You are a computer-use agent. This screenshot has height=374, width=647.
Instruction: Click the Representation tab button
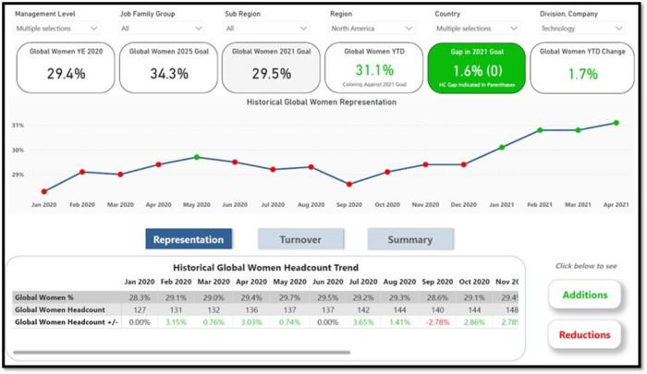coord(189,240)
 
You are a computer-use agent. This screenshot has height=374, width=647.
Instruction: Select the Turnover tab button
coord(300,240)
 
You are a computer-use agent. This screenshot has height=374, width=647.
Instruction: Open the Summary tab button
coord(409,240)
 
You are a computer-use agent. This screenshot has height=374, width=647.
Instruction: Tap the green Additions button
coord(585,296)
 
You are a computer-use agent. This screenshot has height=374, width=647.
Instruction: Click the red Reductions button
coord(585,334)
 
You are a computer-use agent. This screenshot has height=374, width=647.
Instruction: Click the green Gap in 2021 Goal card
coord(476,67)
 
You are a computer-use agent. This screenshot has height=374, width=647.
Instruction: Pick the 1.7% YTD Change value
coord(583,74)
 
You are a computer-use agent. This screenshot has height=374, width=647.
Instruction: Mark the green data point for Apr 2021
coord(616,123)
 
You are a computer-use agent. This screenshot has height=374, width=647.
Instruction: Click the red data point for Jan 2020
coord(44,192)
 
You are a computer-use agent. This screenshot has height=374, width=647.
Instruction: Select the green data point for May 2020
coord(197,157)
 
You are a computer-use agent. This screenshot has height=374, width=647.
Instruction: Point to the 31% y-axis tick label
coord(18,125)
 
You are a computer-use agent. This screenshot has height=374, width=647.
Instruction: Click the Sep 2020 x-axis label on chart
coord(349,204)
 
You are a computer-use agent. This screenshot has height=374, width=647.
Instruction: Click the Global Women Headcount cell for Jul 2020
coord(361,309)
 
